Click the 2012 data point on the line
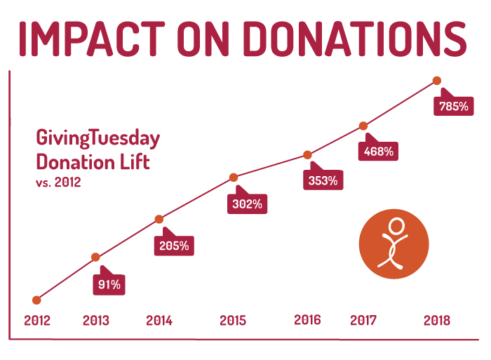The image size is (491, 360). (36, 300)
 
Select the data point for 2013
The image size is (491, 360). (95, 257)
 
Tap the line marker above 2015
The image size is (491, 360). (234, 177)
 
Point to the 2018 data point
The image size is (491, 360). (437, 81)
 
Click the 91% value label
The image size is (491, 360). (109, 284)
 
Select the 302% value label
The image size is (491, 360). (248, 204)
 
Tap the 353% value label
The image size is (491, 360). (323, 180)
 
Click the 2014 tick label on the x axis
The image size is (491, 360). (159, 321)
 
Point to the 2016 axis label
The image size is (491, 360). (307, 320)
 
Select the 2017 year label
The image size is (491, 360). (363, 321)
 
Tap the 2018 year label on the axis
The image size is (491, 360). (437, 321)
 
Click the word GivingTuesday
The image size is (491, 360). (97, 138)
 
